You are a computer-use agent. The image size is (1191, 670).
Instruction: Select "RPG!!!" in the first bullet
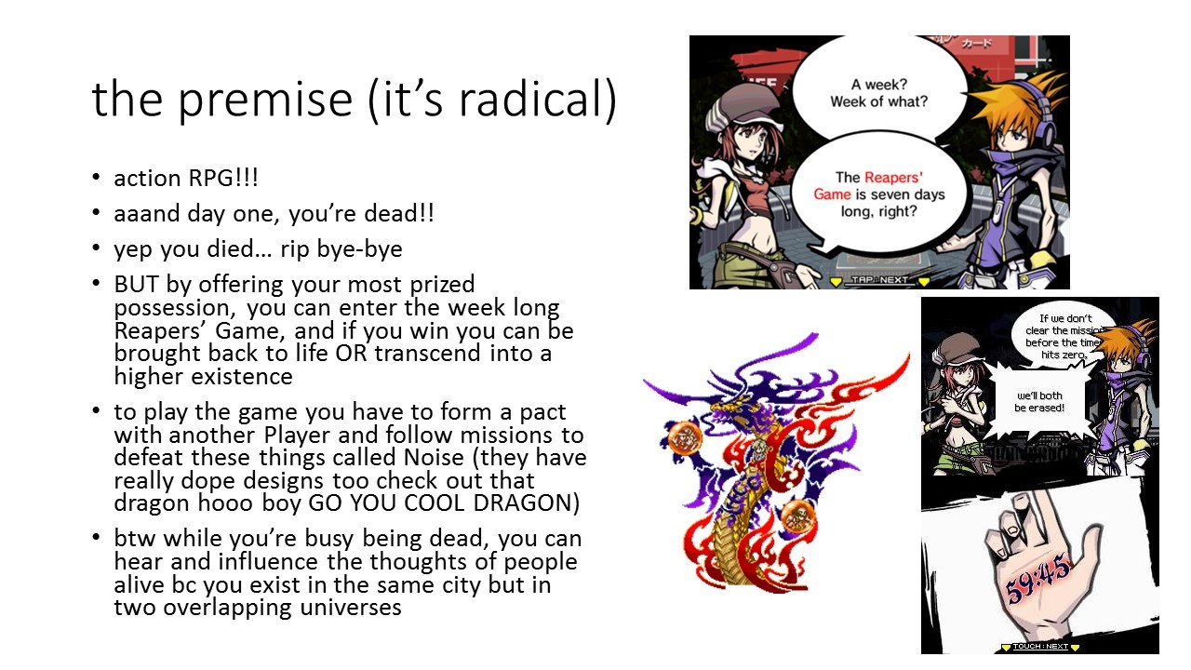[x=222, y=178]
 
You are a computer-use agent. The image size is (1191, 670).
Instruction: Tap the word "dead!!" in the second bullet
[x=399, y=213]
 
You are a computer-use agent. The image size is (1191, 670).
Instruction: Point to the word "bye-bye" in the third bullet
[x=359, y=248]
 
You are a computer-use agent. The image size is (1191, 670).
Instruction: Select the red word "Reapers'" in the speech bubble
[x=893, y=178]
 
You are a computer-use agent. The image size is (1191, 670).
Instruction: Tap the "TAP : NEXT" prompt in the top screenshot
[x=879, y=280]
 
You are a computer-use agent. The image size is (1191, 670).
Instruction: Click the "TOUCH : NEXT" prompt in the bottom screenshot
[x=1040, y=647]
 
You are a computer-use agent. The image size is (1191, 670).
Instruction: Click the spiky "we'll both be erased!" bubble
[x=1039, y=401]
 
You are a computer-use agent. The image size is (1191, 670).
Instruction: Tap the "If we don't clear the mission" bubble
[x=1064, y=336]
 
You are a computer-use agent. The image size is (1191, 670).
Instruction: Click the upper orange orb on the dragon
[x=684, y=438]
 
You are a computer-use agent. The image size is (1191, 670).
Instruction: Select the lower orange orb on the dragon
[x=797, y=516]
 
